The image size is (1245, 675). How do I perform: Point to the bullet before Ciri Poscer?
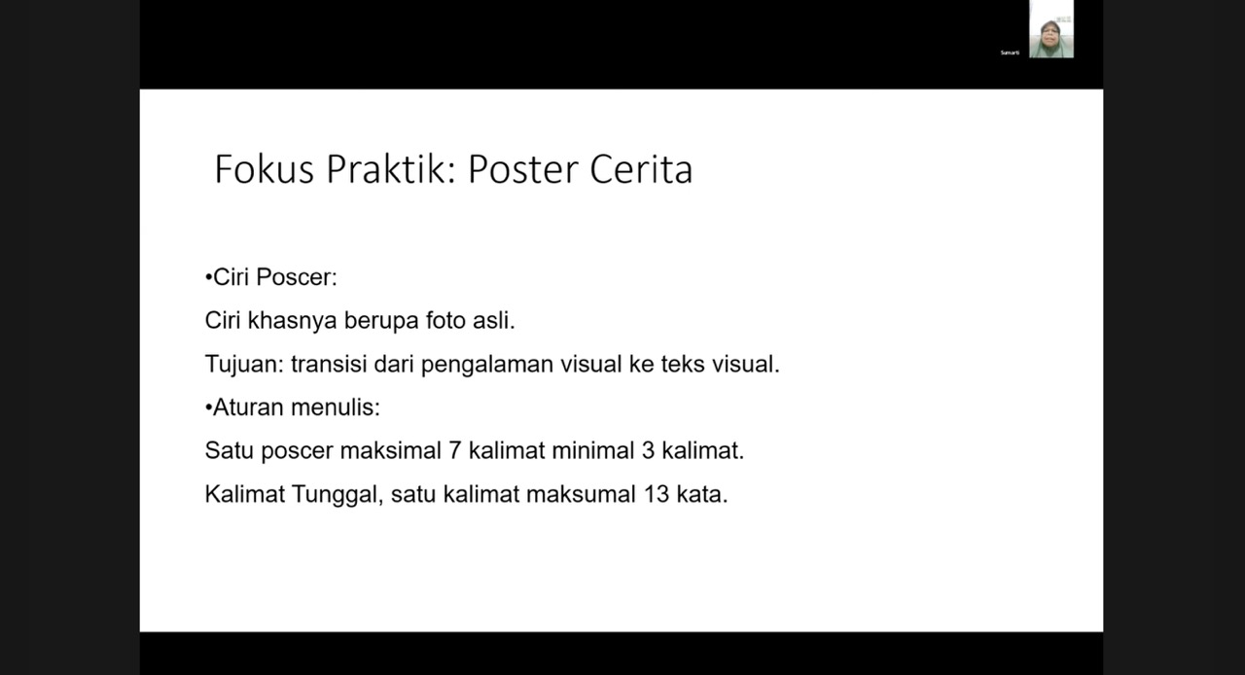point(208,277)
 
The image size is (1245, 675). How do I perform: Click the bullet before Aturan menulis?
point(208,408)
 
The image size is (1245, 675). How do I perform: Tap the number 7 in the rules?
point(454,451)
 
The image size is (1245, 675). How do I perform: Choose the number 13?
point(657,494)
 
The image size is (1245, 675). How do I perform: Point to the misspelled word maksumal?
point(581,494)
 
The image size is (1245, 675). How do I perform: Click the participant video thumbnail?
point(1051,31)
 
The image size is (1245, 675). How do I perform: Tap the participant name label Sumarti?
point(1010,53)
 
